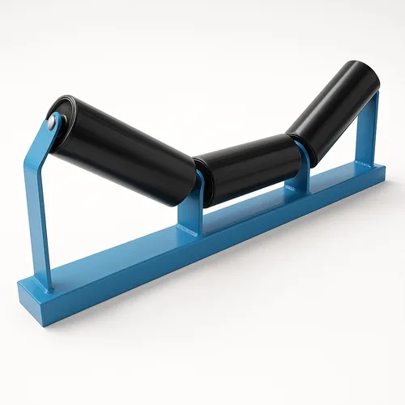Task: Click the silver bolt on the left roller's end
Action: point(53,122)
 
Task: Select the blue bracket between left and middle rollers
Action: point(191,207)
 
